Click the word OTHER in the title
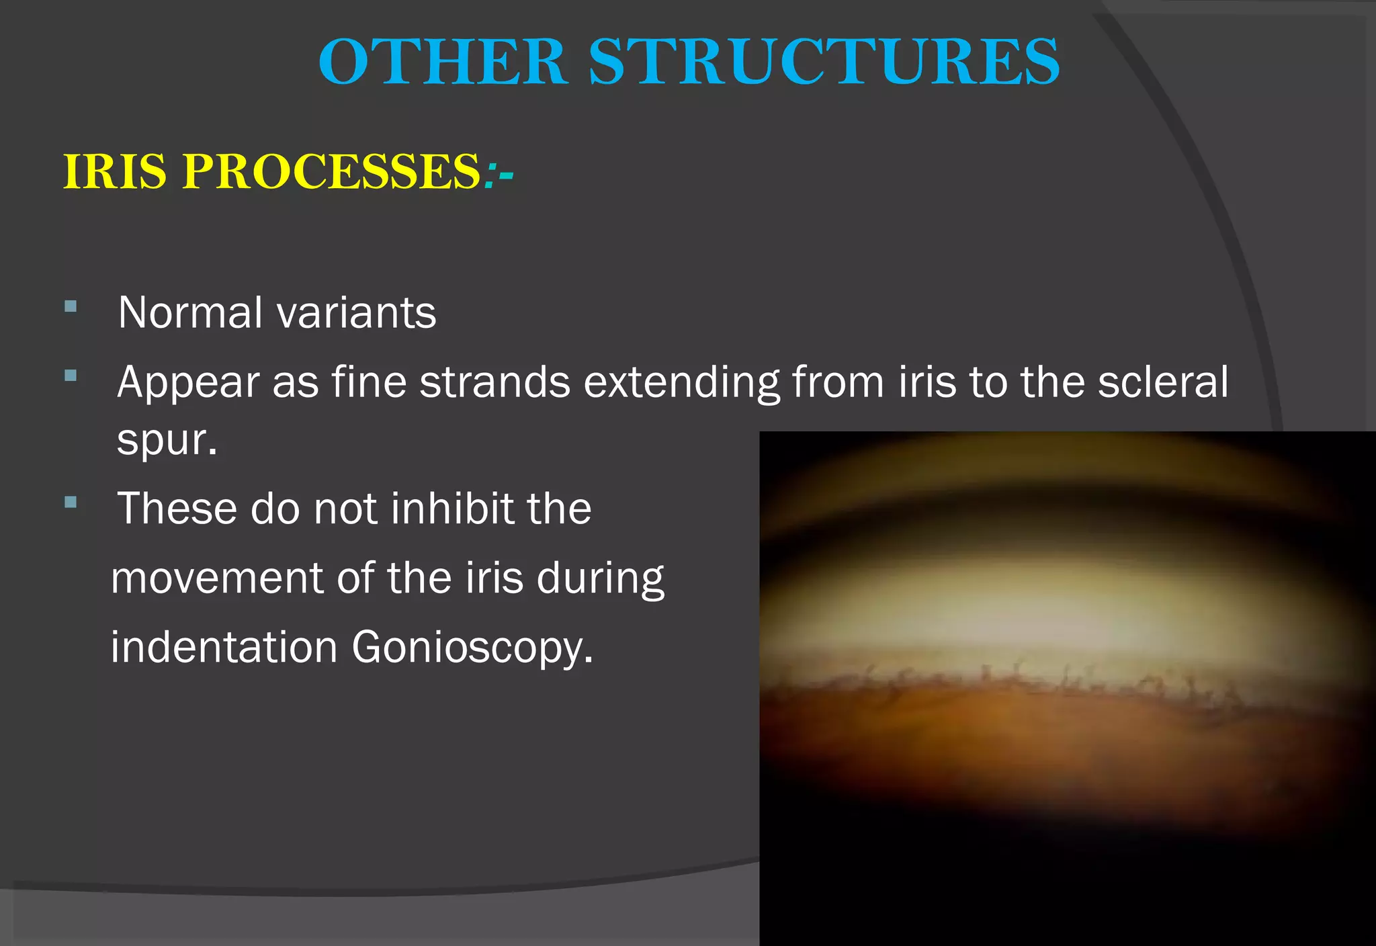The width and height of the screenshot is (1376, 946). [x=443, y=62]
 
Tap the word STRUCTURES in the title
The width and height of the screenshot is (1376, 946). [x=824, y=62]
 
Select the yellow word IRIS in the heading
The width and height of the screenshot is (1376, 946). [x=114, y=172]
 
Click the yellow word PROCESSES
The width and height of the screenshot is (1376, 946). [x=332, y=172]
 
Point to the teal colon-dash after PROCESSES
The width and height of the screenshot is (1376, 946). [x=499, y=173]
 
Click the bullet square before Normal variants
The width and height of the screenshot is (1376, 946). [x=71, y=307]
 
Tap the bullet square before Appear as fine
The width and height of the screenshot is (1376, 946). [x=71, y=376]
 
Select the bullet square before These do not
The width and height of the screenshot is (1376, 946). [x=71, y=502]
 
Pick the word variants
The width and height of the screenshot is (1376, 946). [x=357, y=313]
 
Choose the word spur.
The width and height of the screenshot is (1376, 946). [x=167, y=441]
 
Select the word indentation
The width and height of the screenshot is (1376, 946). [x=224, y=647]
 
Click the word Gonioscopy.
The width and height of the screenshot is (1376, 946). [x=472, y=648]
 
